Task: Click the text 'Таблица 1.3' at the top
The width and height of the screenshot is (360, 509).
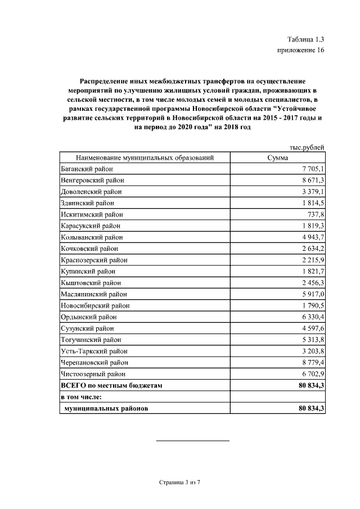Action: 305,39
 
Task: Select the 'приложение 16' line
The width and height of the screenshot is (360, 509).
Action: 301,51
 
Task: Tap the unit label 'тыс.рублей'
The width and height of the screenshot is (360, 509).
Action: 307,147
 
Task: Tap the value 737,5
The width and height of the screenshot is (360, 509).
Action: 314,214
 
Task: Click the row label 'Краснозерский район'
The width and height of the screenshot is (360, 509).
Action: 94,260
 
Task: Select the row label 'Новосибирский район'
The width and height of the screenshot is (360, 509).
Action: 94,305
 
